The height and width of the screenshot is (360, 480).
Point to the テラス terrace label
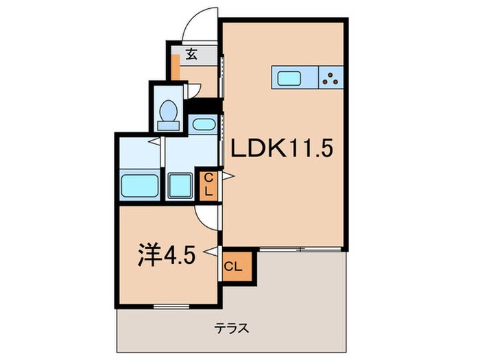pyautogui.click(x=234, y=328)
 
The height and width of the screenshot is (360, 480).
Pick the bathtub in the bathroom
pyautogui.click(x=141, y=184)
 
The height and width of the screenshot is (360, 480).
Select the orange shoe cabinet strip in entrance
pyautogui.click(x=176, y=69)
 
